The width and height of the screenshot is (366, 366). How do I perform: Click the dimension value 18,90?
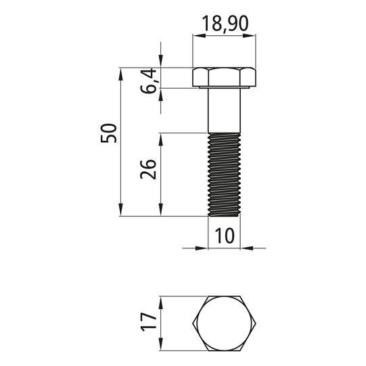click(225, 24)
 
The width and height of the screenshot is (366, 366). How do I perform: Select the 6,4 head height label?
click(148, 81)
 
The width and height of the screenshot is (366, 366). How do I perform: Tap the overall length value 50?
click(108, 133)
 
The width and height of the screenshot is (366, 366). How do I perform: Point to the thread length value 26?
click(148, 169)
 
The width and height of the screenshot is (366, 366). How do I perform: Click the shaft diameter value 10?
click(224, 235)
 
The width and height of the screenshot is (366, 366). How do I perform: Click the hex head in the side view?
click(224, 77)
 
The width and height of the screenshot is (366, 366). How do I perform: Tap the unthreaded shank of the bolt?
click(224, 111)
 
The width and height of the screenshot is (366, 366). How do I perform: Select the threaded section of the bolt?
click(224, 175)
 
